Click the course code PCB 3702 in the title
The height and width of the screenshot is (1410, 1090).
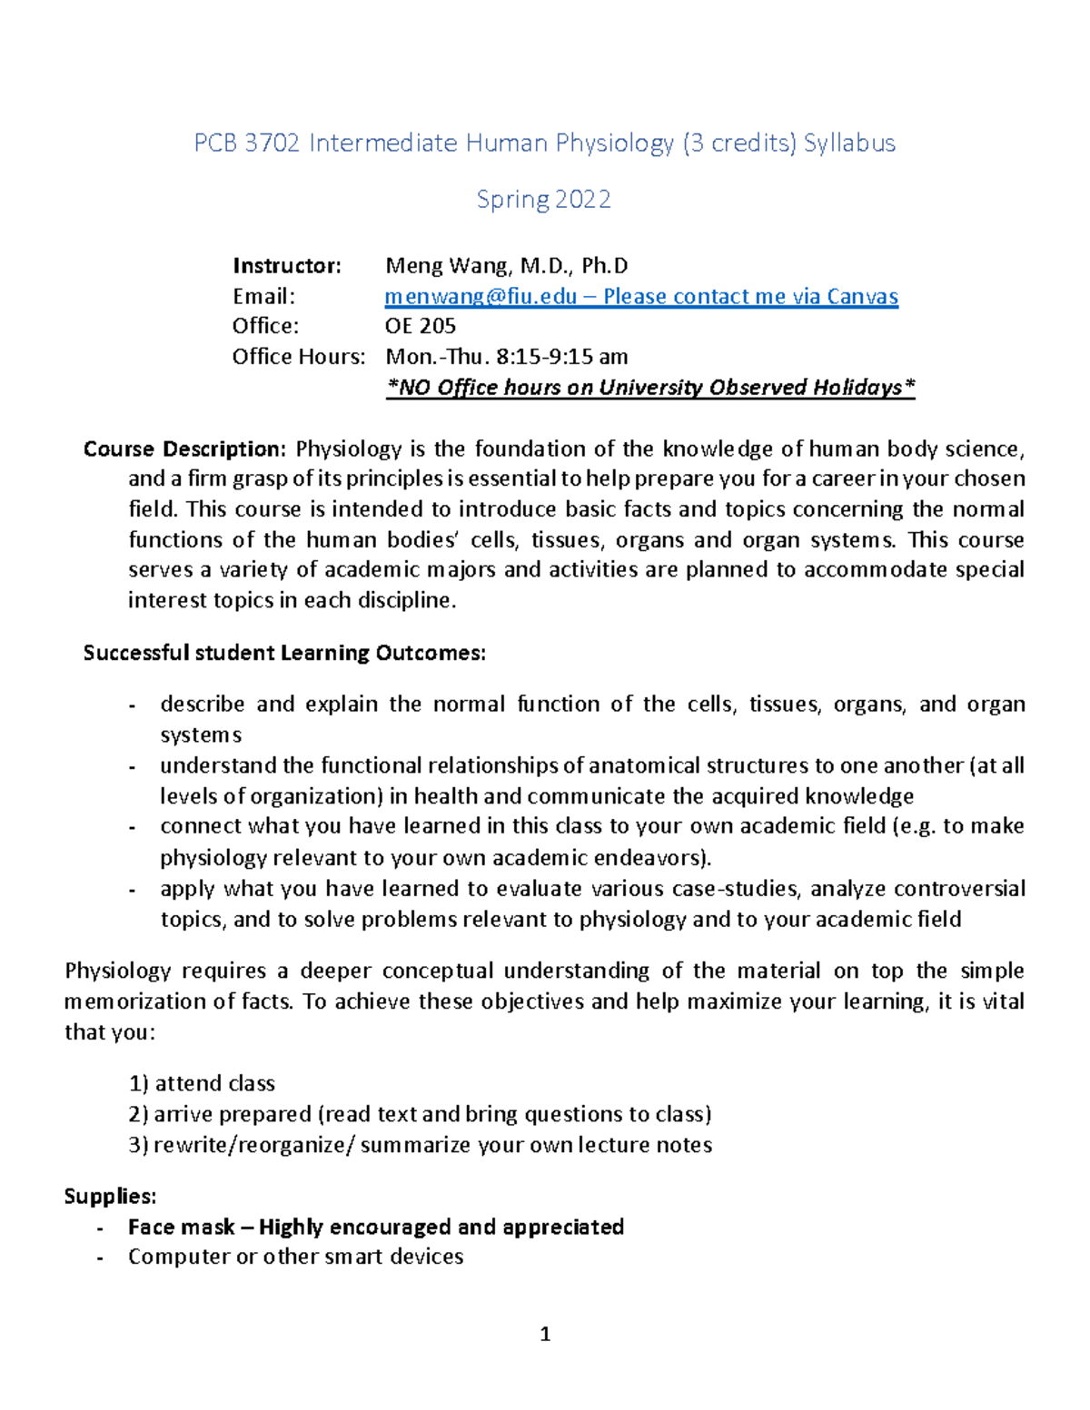[246, 143]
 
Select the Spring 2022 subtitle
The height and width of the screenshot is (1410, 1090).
[543, 200]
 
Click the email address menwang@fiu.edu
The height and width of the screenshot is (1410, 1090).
[481, 297]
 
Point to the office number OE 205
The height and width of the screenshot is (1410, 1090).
[421, 326]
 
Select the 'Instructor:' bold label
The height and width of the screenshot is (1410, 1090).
[286, 266]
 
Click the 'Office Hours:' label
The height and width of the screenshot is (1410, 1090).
[298, 357]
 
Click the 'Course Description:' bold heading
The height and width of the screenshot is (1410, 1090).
[184, 449]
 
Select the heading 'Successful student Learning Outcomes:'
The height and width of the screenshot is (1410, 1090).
[284, 653]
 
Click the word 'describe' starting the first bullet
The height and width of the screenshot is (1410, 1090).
[202, 705]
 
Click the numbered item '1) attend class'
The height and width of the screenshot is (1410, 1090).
[202, 1083]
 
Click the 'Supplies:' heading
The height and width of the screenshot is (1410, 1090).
[110, 1197]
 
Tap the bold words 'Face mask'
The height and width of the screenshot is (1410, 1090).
[181, 1228]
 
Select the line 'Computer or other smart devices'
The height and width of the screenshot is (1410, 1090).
[295, 1257]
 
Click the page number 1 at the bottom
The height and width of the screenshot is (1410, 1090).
[545, 1334]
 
